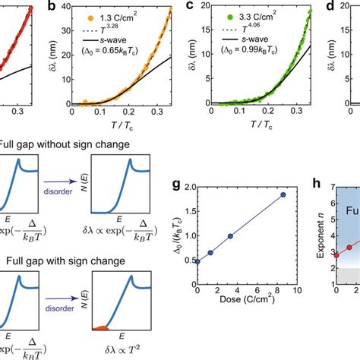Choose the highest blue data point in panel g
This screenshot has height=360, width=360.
pos(283,194)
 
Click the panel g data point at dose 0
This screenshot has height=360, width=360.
pos(197,261)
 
